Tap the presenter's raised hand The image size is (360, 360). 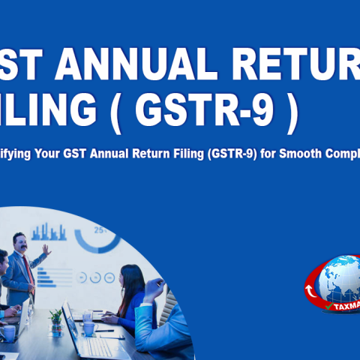46,250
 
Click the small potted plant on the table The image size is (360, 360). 55,320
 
